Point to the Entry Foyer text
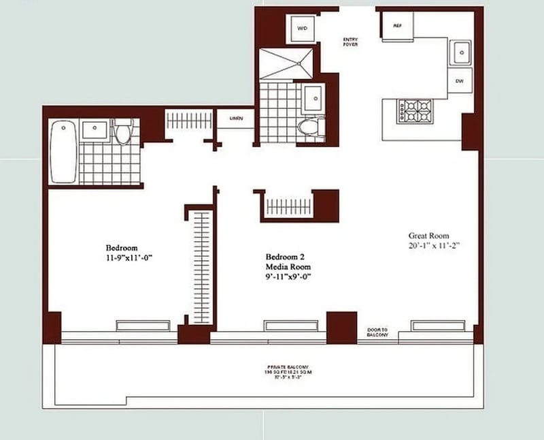coord(350,42)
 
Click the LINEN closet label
coord(235,118)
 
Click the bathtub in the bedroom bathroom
coord(63,152)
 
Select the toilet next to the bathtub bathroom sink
coord(123,131)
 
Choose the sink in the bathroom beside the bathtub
coord(93,129)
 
